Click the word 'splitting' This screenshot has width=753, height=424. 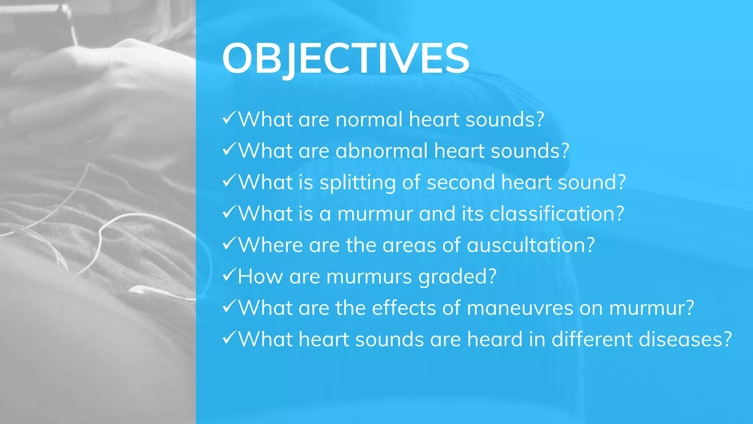(357, 183)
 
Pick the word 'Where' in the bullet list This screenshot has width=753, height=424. (270, 245)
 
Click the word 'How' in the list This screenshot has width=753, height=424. (260, 277)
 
